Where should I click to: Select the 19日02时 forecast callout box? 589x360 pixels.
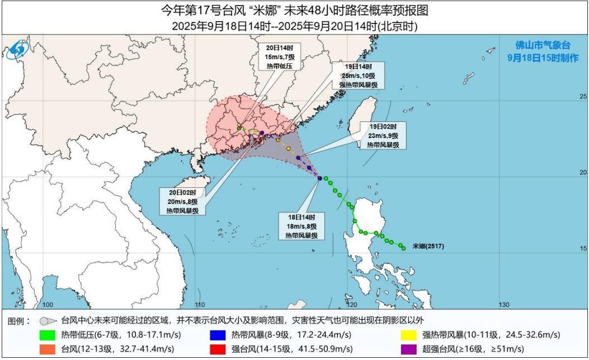383,135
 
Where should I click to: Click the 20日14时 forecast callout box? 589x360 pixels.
280,57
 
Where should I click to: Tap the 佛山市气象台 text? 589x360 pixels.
546,46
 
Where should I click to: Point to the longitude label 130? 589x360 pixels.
503,305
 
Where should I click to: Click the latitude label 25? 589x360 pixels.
582,97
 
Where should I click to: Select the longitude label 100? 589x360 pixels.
48,305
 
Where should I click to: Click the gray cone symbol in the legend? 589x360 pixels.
49,321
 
